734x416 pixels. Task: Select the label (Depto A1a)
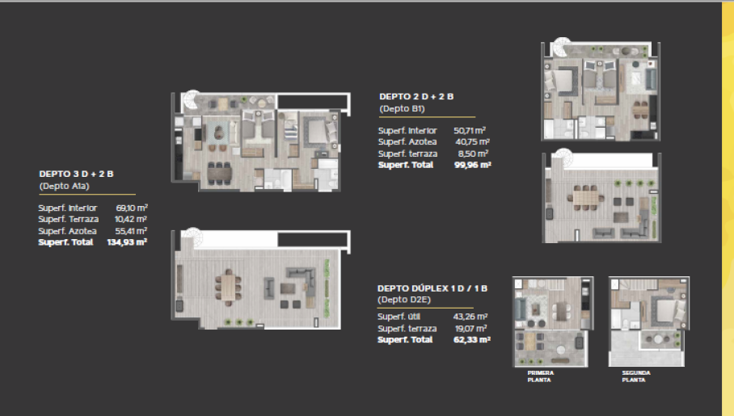point(63,187)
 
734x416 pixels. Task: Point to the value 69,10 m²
point(132,208)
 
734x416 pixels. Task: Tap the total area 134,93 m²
point(127,242)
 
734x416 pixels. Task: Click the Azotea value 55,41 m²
point(132,230)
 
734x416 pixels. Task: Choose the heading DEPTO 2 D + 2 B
point(416,96)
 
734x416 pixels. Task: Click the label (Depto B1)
point(402,108)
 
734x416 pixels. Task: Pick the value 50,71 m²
point(469,130)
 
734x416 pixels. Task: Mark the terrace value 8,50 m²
point(471,153)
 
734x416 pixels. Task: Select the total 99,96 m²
point(473,164)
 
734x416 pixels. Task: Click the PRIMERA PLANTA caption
point(540,375)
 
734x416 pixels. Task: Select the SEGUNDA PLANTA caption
point(636,375)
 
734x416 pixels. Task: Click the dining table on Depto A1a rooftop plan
point(229,286)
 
